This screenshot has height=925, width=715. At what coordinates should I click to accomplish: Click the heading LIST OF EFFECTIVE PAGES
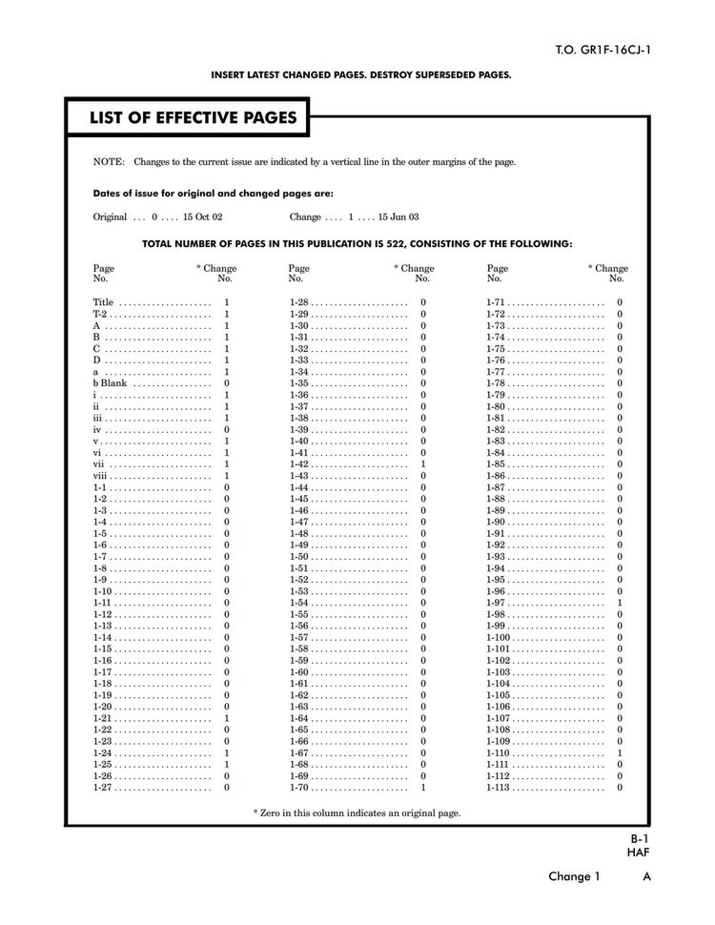click(193, 118)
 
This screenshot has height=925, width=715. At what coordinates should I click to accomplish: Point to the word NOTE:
click(108, 162)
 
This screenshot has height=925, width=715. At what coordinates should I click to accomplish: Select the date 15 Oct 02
click(204, 217)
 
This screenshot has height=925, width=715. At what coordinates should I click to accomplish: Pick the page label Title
click(103, 302)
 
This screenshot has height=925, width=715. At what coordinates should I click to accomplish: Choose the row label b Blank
click(110, 383)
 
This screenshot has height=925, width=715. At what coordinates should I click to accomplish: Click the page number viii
click(101, 476)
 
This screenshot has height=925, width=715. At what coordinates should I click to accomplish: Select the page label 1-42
click(298, 464)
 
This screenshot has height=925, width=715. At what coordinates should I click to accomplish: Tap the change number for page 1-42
click(423, 464)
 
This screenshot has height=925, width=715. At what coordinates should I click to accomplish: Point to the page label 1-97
click(496, 603)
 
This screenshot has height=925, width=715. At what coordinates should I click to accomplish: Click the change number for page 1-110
click(620, 753)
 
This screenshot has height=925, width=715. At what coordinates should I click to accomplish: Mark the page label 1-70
click(298, 788)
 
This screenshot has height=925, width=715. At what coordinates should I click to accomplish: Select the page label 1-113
click(499, 788)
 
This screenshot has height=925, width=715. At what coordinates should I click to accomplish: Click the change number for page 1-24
click(226, 753)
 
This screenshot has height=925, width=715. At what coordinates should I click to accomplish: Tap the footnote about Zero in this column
click(357, 813)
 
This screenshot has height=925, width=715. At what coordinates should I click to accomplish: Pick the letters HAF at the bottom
click(638, 853)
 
